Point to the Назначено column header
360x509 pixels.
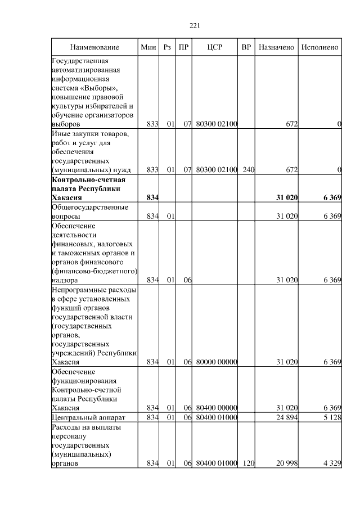click(x=276, y=47)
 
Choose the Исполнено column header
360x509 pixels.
click(x=319, y=47)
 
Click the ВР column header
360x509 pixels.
click(x=246, y=47)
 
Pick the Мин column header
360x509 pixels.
click(x=148, y=47)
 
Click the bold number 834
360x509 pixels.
click(x=152, y=197)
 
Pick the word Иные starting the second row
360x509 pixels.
click(x=61, y=133)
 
